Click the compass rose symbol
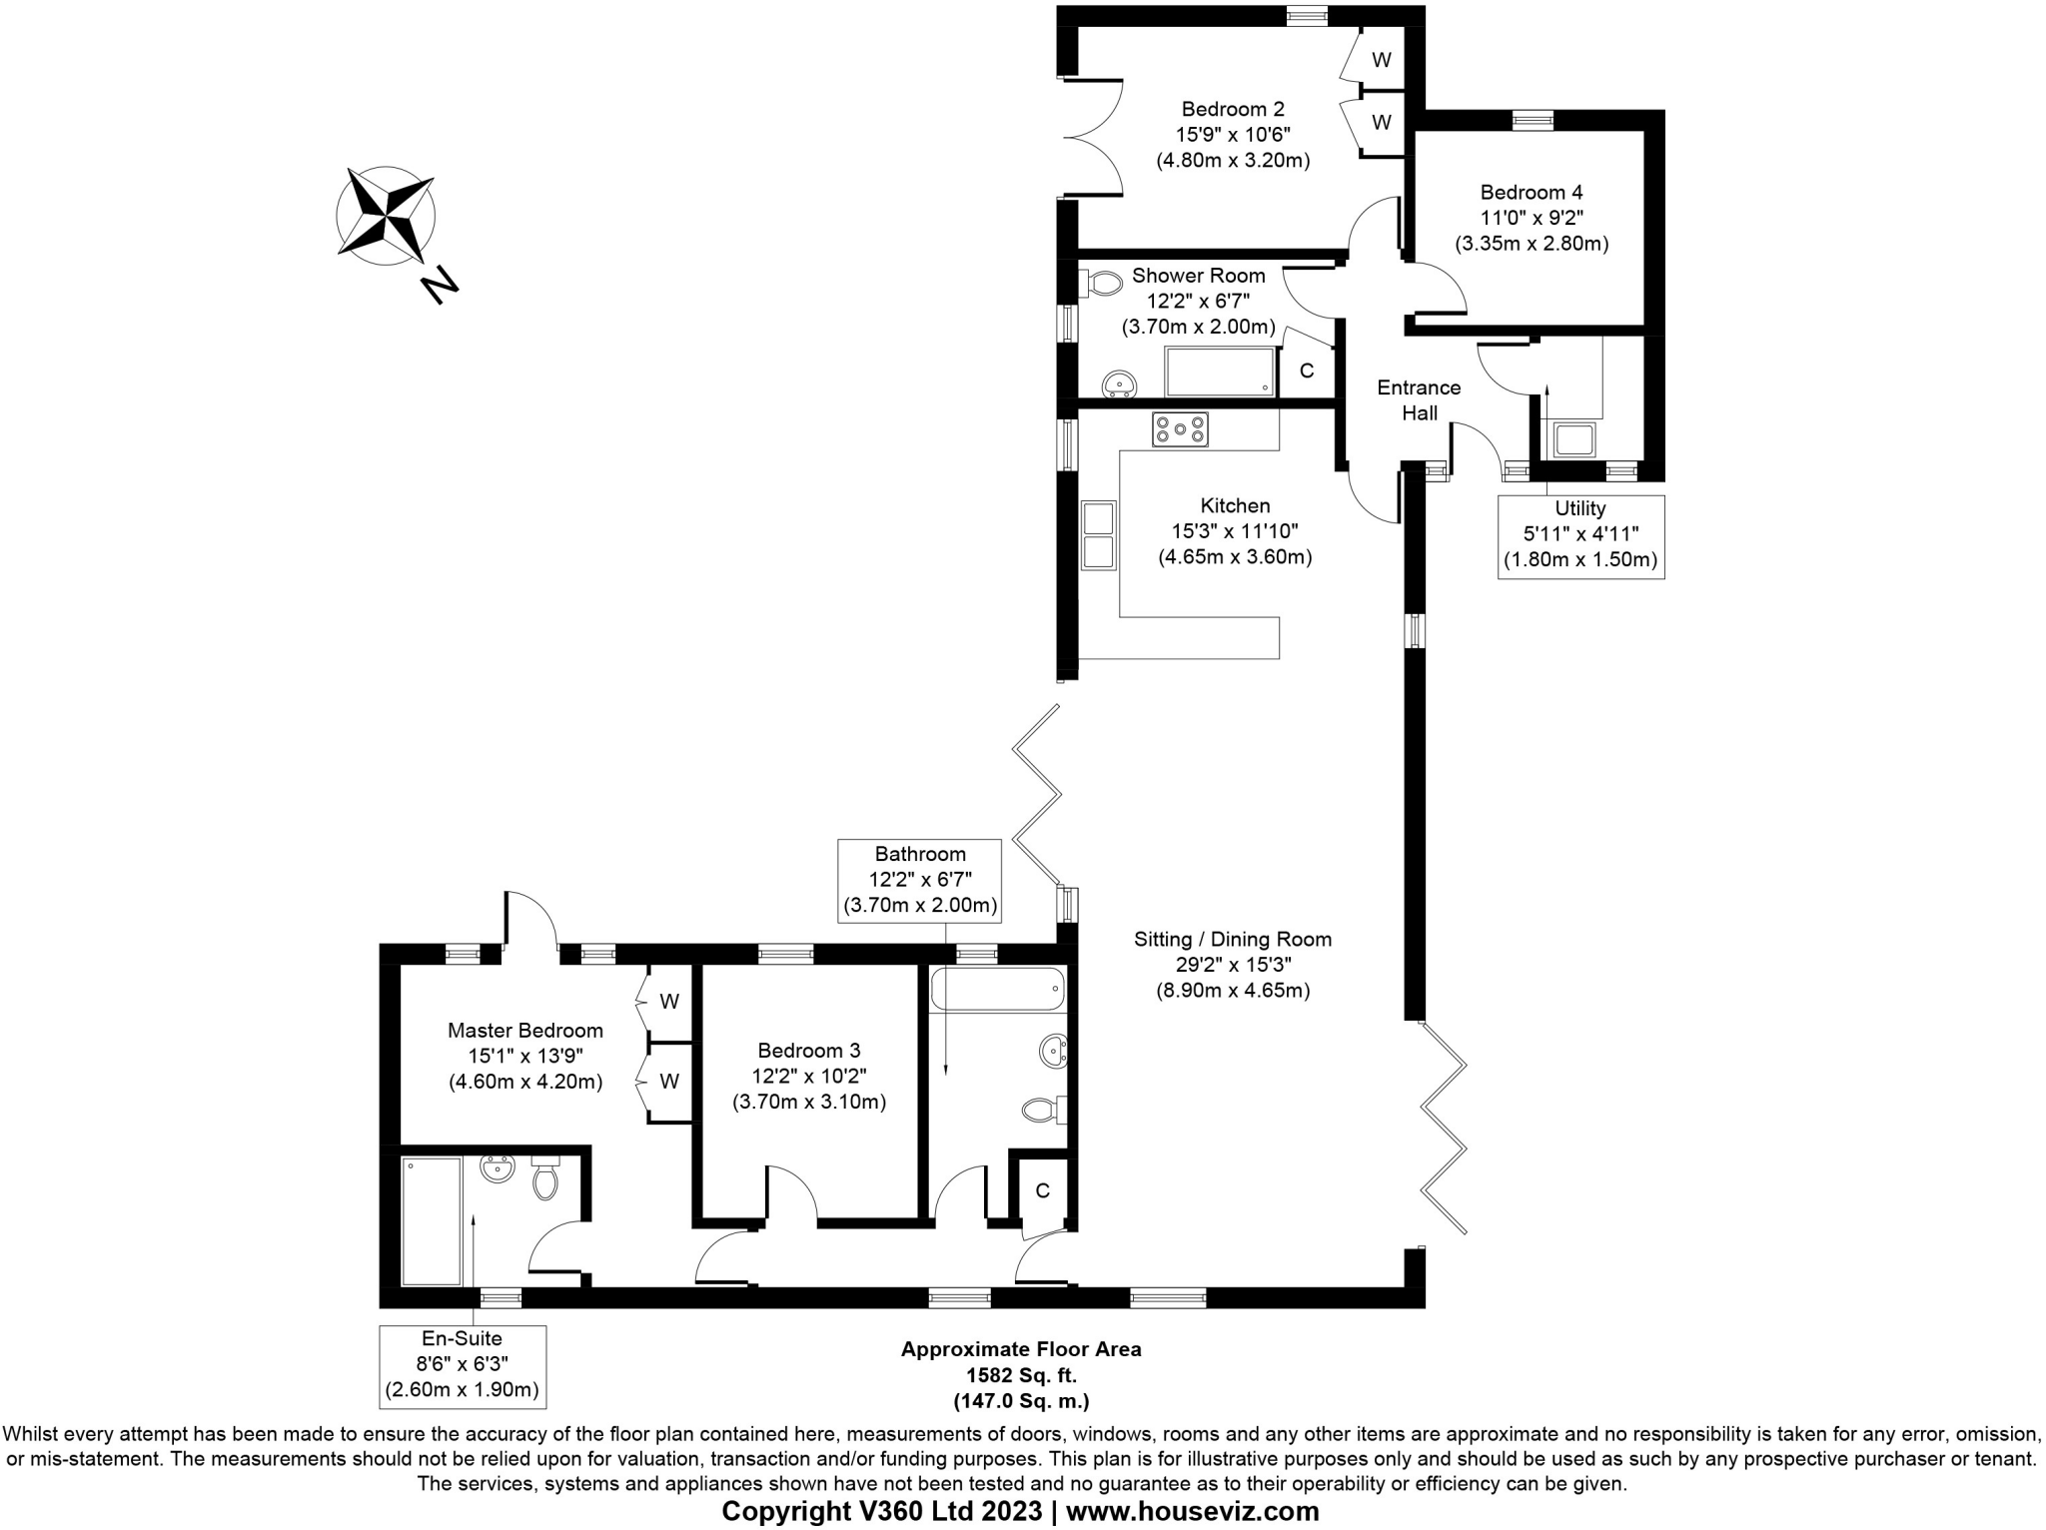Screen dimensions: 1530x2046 tap(385, 216)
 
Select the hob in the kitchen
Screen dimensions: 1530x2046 tap(1180, 429)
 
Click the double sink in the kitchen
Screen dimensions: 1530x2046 tap(1098, 535)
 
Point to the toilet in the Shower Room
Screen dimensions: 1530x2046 tap(1102, 284)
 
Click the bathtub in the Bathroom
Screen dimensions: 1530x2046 tap(997, 991)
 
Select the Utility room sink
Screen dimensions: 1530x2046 tap(1573, 439)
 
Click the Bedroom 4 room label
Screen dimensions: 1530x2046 tap(1531, 192)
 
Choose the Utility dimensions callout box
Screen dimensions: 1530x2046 tap(1580, 535)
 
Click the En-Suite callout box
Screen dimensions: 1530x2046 tap(462, 1365)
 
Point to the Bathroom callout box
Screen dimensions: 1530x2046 tap(919, 880)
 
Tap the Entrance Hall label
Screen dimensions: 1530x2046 tap(1419, 399)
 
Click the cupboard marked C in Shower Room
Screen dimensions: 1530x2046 tap(1306, 371)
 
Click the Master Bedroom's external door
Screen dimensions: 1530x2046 tap(530, 922)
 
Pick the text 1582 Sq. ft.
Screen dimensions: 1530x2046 tap(1020, 1375)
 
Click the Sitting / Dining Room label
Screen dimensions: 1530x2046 tap(1232, 939)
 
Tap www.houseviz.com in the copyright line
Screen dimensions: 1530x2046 tap(1192, 1511)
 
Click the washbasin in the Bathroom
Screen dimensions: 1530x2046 tap(1053, 1051)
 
